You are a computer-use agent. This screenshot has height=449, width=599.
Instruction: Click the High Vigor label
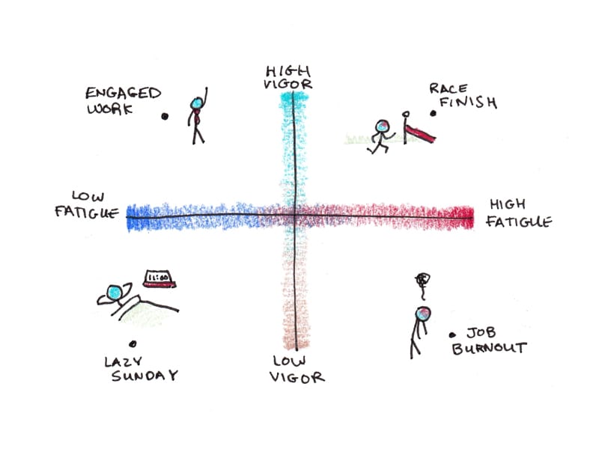(288, 76)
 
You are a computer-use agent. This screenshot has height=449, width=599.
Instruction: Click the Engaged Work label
(122, 100)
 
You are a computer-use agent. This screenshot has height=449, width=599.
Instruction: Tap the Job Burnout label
(490, 340)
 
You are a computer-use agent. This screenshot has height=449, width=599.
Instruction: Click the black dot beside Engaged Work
(165, 116)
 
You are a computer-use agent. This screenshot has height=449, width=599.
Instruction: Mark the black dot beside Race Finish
(433, 114)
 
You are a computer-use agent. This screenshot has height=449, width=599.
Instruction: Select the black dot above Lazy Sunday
(133, 343)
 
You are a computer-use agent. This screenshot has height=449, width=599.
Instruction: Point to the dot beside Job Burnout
(451, 335)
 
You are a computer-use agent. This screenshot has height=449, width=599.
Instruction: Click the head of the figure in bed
(115, 293)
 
